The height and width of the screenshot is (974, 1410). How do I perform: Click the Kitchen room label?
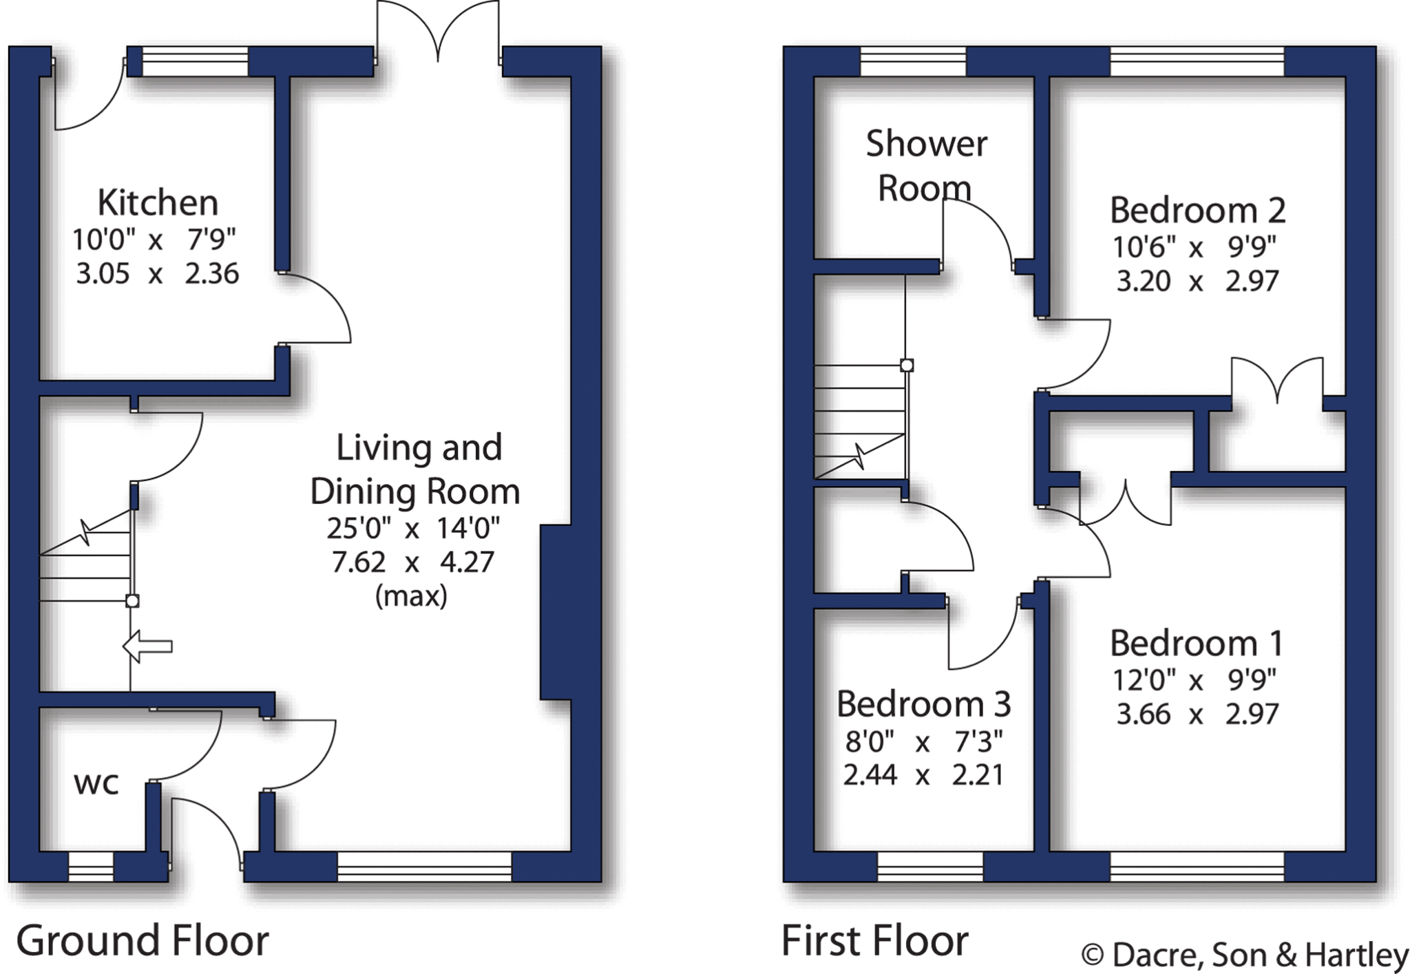[158, 203]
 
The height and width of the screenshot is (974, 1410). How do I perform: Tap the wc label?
[96, 783]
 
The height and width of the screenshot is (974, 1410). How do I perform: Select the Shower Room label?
[925, 166]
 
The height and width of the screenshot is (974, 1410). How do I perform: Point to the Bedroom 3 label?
[923, 704]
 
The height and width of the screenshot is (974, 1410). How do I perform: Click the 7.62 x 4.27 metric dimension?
[412, 562]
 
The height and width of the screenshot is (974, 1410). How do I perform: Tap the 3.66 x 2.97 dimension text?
[1197, 714]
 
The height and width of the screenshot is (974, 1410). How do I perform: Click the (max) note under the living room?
[411, 595]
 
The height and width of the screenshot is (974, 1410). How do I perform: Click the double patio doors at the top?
[438, 31]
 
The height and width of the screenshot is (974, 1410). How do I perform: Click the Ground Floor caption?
[142, 941]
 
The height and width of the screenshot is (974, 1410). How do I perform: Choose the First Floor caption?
[874, 941]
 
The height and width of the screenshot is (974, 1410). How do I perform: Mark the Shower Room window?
[913, 61]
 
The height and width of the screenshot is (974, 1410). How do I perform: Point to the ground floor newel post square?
[133, 601]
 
